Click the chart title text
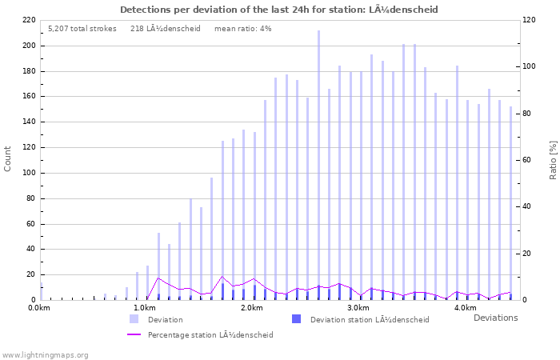click(279, 10)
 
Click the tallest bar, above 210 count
click(318, 165)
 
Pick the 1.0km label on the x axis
click(144, 308)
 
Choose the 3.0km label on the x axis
click(358, 308)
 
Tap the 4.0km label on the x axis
click(465, 308)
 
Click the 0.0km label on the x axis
click(39, 308)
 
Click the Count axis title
click(8, 158)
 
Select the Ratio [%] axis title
click(553, 158)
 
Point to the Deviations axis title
click(495, 318)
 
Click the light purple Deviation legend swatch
click(134, 319)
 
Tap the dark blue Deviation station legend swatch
click(296, 319)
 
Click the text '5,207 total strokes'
click(82, 28)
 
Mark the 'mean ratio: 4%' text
click(242, 28)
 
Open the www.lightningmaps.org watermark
click(45, 354)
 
